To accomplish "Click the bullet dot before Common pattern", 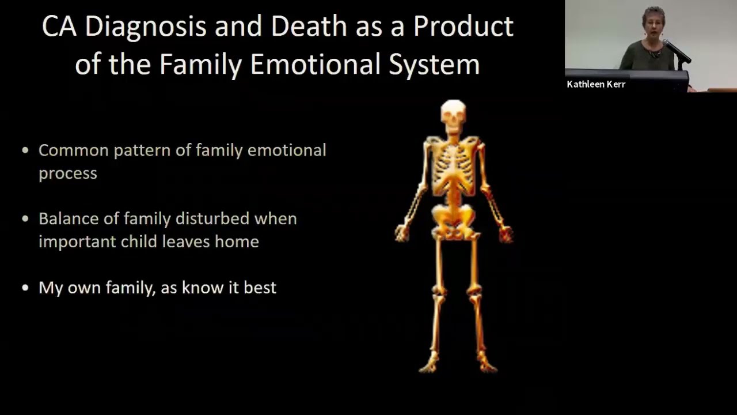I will coord(25,150).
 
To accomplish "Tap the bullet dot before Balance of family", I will coord(25,219).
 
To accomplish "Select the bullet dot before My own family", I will coord(25,288).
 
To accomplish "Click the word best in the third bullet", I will coord(260,288).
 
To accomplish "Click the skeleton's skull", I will coord(453,114).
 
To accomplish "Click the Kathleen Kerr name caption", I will coord(596,84).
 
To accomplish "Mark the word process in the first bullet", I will coord(67,173).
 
